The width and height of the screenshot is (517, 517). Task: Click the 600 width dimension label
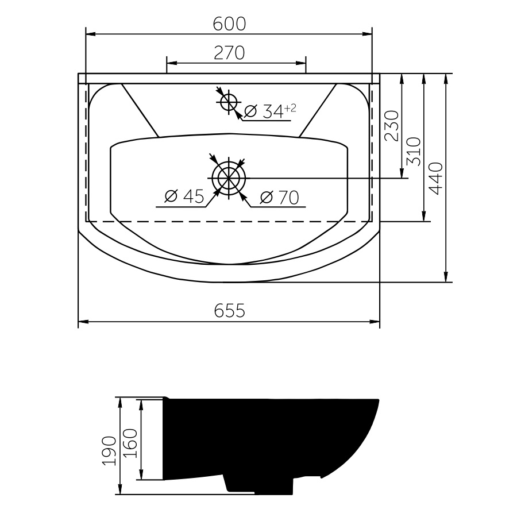229,24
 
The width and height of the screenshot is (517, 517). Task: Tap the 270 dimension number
229,53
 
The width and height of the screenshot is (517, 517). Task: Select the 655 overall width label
229,310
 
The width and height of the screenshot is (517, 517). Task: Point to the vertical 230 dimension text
392,126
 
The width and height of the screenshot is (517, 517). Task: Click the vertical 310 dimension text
414,152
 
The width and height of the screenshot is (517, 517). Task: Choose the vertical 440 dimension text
435,179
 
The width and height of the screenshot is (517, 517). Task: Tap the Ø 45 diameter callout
184,196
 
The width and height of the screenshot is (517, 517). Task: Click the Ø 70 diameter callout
280,198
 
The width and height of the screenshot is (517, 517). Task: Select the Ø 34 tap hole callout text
264,111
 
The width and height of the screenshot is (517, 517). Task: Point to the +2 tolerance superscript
290,108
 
